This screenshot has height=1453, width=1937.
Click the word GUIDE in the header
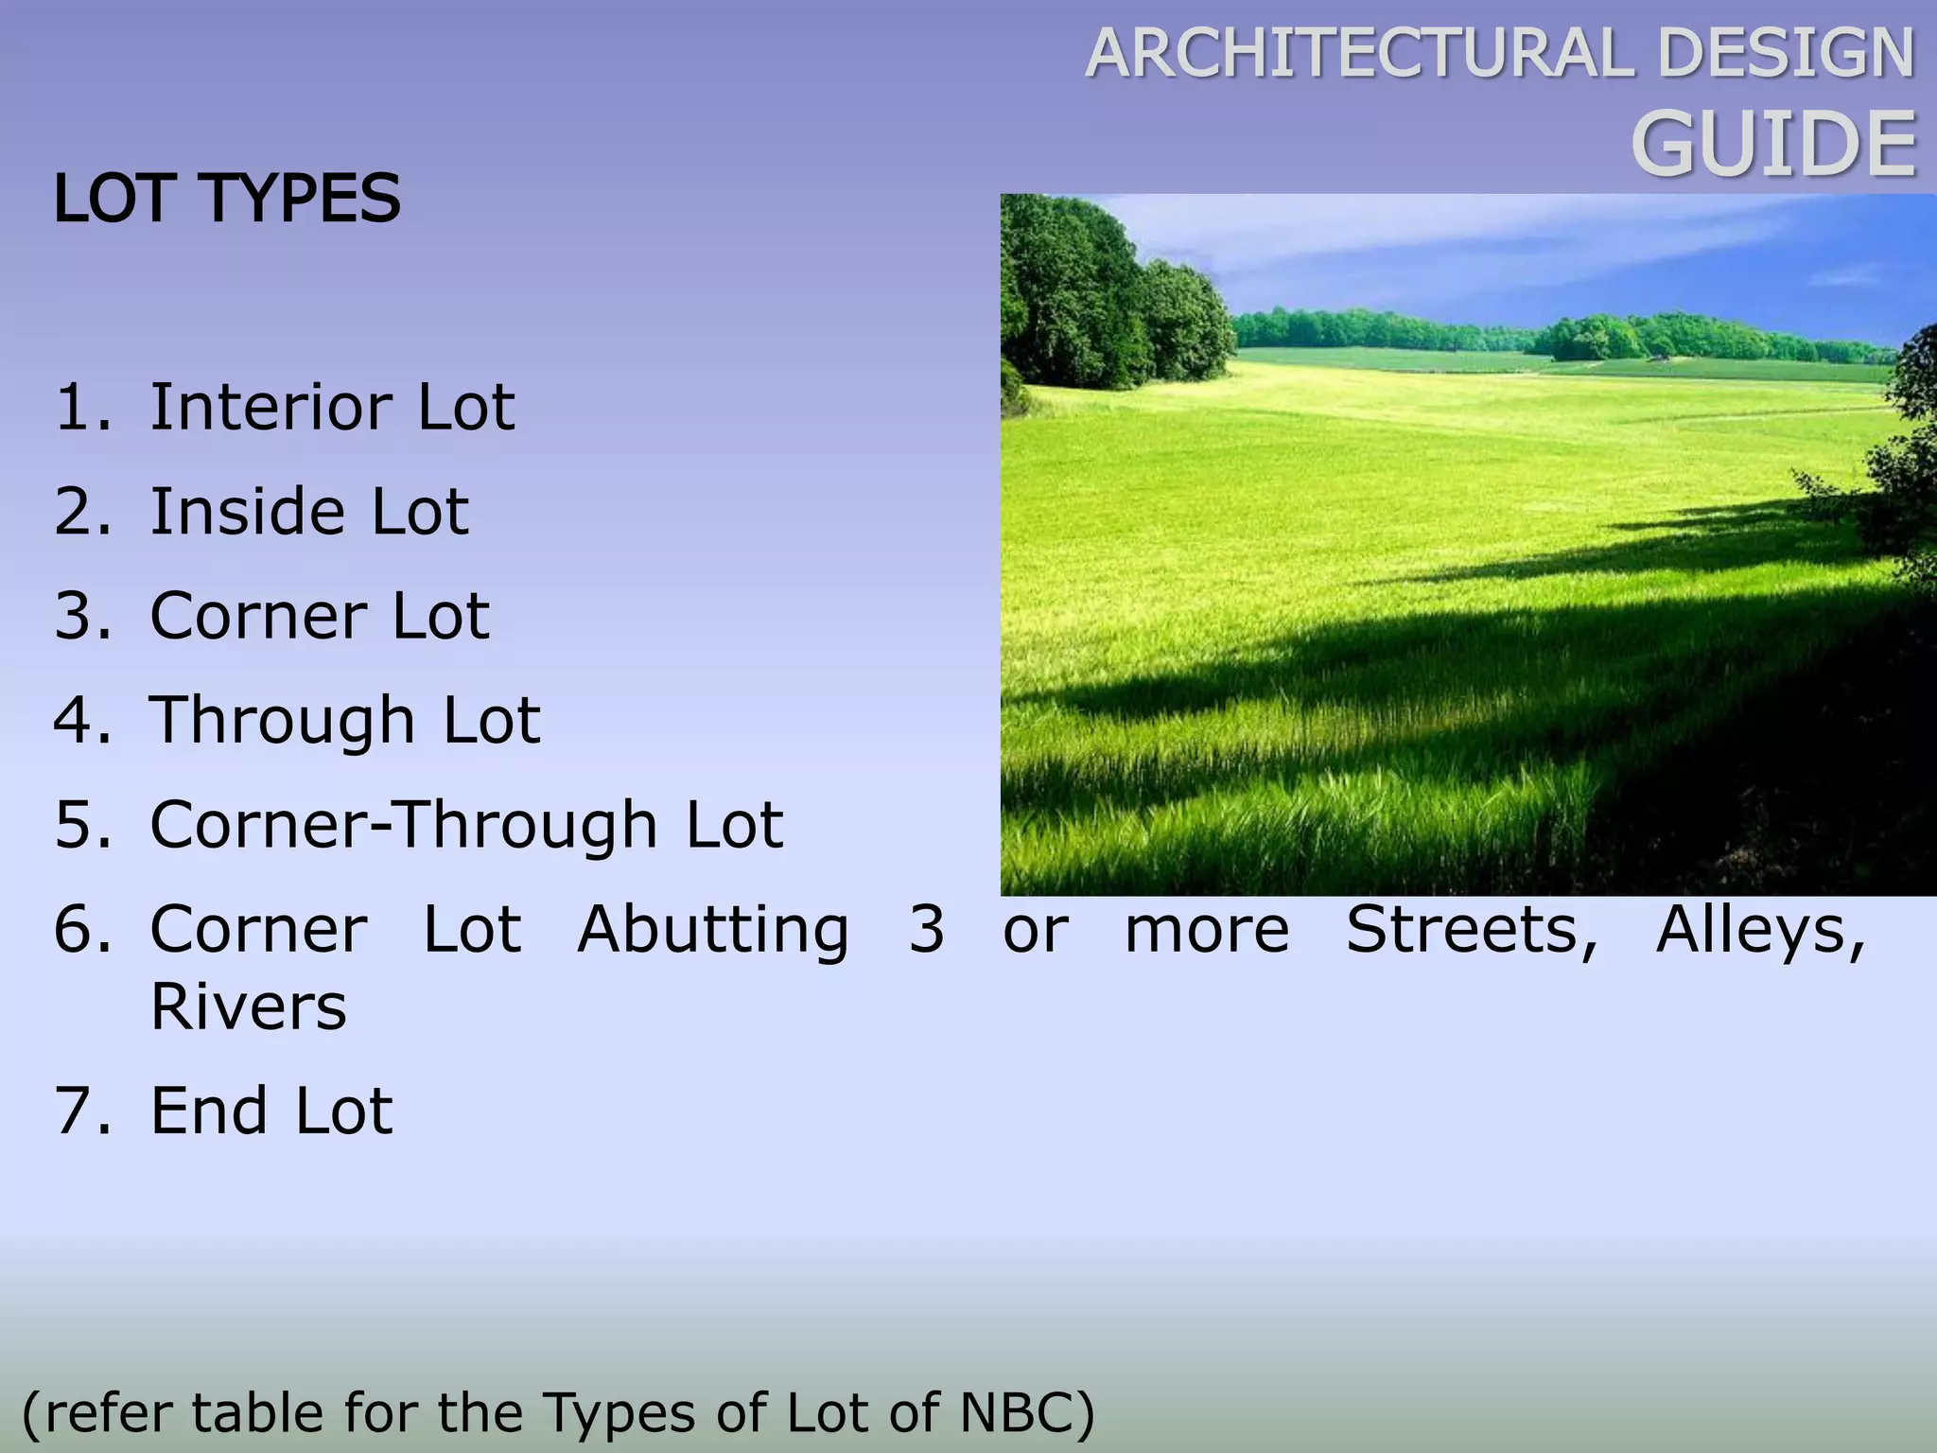point(1774,145)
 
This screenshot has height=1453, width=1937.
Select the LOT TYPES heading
point(228,199)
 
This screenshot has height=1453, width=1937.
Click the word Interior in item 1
point(270,408)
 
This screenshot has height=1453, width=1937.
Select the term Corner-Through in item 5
point(404,825)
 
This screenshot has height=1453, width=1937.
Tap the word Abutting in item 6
point(713,929)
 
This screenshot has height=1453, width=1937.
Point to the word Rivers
point(249,1006)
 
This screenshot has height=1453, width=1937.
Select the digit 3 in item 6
point(927,929)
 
